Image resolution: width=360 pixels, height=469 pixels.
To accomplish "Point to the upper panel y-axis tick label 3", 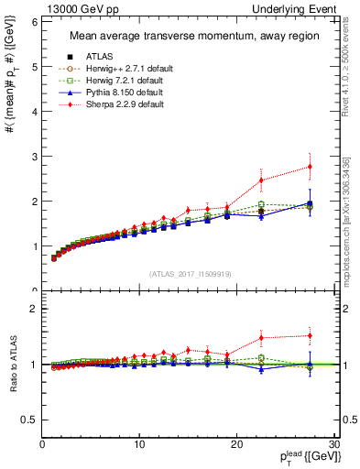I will (x=34, y=156).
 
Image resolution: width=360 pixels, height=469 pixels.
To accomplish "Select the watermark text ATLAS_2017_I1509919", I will (x=190, y=273).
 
